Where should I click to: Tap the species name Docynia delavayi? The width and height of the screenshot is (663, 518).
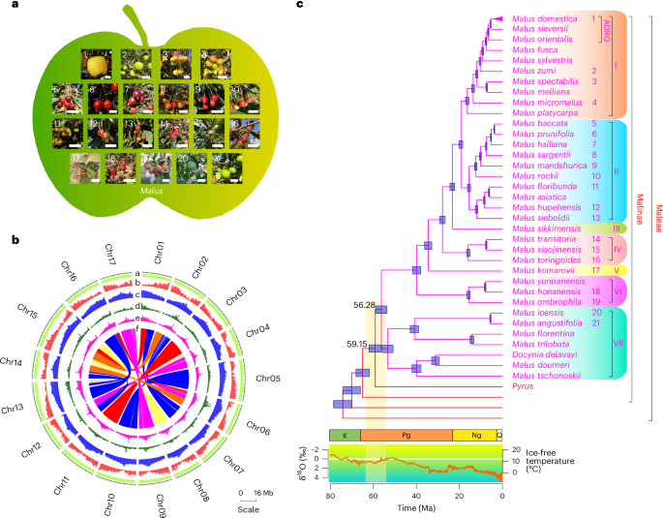coord(547,355)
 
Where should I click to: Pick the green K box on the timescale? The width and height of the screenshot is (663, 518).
coord(345,436)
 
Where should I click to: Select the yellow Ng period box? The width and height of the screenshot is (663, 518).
coord(474,436)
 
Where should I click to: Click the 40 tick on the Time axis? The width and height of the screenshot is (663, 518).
coord(416,496)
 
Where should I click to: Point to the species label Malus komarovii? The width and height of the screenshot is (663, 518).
coord(544,271)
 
